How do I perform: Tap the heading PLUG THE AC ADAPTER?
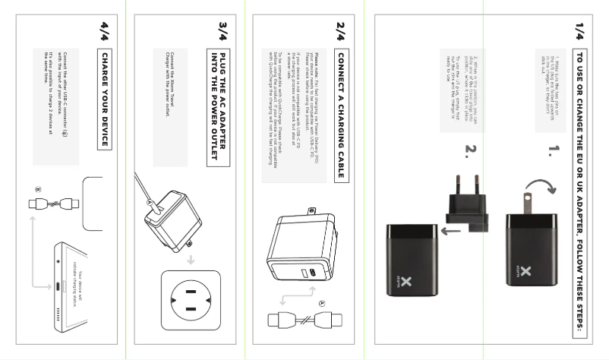pos(218,106)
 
